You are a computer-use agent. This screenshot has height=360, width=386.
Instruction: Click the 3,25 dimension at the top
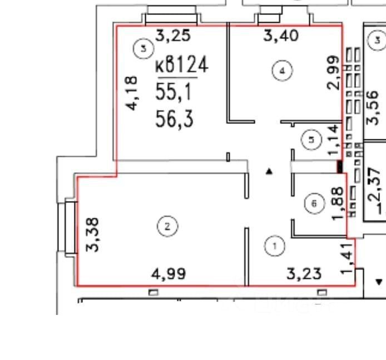172,37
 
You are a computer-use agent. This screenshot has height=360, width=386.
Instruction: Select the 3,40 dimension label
281,37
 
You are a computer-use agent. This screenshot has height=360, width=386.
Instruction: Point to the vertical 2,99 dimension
333,73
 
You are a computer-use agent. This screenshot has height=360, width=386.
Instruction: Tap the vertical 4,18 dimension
133,94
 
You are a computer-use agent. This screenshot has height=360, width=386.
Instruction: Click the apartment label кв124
181,66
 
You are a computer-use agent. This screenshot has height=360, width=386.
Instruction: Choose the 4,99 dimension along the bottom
169,274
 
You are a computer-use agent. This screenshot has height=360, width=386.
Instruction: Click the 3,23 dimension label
305,274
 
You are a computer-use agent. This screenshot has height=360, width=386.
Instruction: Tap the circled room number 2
167,226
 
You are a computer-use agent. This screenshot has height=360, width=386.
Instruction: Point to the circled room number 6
314,204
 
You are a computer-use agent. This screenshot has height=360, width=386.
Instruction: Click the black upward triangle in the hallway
269,172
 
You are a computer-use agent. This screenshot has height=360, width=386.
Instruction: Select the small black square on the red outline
339,167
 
